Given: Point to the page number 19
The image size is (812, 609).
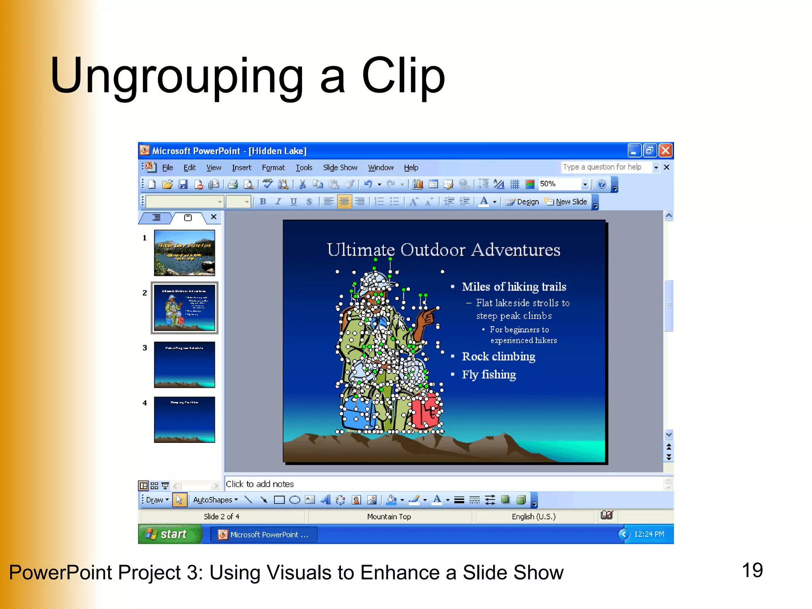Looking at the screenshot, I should [x=752, y=571].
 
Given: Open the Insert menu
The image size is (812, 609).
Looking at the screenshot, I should [x=241, y=168].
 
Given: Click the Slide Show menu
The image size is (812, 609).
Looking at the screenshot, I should [x=340, y=168].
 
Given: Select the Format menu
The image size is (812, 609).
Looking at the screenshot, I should [x=273, y=168].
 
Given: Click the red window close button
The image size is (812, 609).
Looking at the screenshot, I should [x=666, y=151].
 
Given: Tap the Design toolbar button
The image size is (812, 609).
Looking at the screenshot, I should [x=523, y=202].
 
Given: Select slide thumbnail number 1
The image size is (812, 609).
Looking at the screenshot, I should [x=184, y=253].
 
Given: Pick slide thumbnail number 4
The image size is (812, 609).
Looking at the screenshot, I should [x=184, y=419].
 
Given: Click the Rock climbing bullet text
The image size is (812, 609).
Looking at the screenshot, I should [x=498, y=356].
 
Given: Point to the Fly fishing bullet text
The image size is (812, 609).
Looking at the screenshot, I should [x=489, y=375].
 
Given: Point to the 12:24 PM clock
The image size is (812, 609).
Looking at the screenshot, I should [x=649, y=534].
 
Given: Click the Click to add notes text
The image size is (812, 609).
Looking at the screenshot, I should [x=260, y=484].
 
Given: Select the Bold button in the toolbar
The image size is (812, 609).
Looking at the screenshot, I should [x=263, y=202].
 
